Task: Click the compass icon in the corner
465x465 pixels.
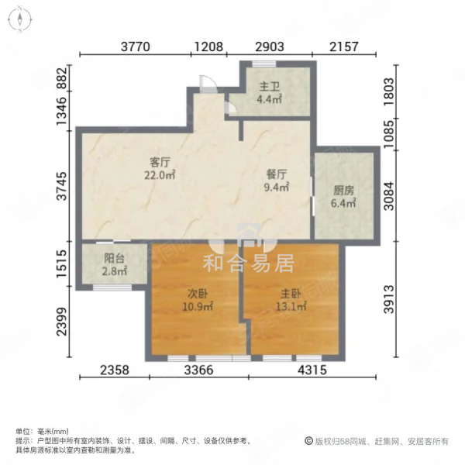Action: [x=19, y=19]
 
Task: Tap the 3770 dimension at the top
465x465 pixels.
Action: [x=136, y=46]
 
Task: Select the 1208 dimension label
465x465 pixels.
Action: [x=208, y=46]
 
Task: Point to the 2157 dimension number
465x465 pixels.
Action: [x=344, y=46]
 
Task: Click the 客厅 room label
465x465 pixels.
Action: [x=160, y=162]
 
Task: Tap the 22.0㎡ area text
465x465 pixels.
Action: [x=160, y=175]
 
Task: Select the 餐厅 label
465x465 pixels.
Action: [x=277, y=174]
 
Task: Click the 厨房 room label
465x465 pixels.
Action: [x=343, y=191]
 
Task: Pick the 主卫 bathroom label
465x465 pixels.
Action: [x=269, y=87]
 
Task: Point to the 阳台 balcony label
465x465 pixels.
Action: [x=114, y=258]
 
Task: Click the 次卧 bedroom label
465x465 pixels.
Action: [x=198, y=294]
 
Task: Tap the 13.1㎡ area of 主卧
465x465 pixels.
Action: [x=291, y=306]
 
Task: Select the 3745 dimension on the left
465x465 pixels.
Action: [x=62, y=186]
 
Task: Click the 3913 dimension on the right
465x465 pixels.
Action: [x=389, y=299]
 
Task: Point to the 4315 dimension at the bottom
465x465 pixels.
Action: [x=312, y=370]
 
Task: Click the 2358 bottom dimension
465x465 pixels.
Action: [x=115, y=370]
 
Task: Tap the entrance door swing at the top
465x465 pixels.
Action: [x=207, y=84]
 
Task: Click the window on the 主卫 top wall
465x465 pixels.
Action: [x=264, y=64]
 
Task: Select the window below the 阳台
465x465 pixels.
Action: [x=112, y=287]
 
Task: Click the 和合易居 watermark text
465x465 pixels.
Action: [x=249, y=263]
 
